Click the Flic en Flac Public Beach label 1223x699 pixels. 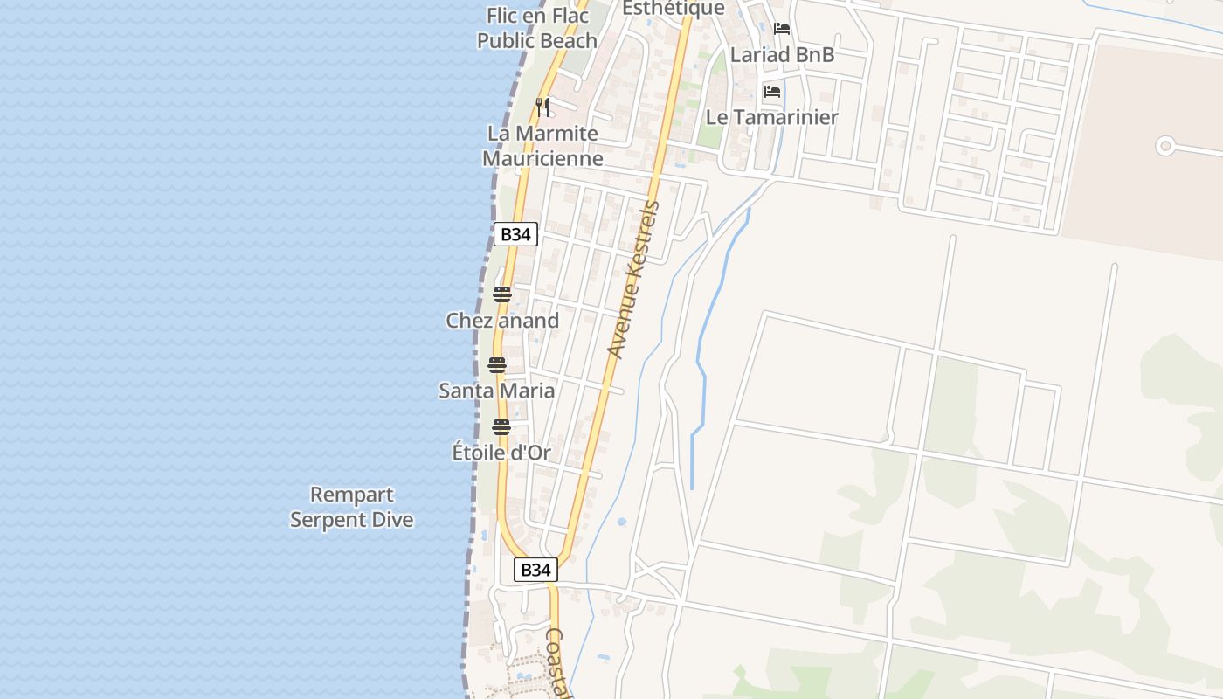pyautogui.click(x=537, y=28)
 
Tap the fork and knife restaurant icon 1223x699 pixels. pyautogui.click(x=542, y=107)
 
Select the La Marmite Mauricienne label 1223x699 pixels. pyautogui.click(x=542, y=146)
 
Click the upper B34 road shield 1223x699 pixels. pyautogui.click(x=515, y=234)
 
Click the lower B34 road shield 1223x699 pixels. pyautogui.click(x=535, y=570)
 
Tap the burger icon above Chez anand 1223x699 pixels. pyautogui.click(x=501, y=294)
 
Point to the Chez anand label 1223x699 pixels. pyautogui.click(x=502, y=321)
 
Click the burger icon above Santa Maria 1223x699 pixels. pyautogui.click(x=497, y=365)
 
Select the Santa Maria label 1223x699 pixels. pyautogui.click(x=496, y=391)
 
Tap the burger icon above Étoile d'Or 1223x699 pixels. pyautogui.click(x=501, y=427)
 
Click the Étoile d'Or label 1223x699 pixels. pyautogui.click(x=501, y=453)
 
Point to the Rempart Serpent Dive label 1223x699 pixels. pyautogui.click(x=352, y=507)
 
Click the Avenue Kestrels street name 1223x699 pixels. pyautogui.click(x=633, y=280)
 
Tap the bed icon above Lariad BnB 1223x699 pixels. pyautogui.click(x=782, y=29)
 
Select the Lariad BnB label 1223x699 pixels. pyautogui.click(x=782, y=54)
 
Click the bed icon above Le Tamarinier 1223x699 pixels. pyautogui.click(x=772, y=91)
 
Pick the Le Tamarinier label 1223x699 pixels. pyautogui.click(x=771, y=117)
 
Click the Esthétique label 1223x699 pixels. pyautogui.click(x=673, y=9)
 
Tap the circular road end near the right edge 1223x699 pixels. pyautogui.click(x=1164, y=146)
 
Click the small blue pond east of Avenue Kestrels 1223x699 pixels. pyautogui.click(x=621, y=522)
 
